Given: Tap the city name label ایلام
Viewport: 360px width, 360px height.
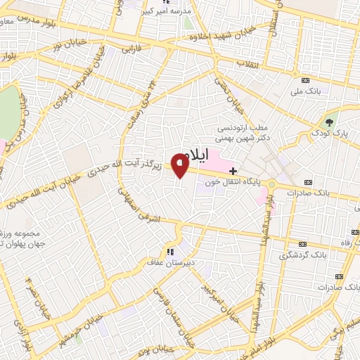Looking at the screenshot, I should coord(195,158).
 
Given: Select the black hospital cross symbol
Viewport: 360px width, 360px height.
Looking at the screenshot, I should coord(233,171).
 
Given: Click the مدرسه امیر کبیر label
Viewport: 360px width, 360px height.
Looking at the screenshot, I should coord(167,12).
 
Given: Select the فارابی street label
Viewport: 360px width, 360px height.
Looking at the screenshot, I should coord(132,50).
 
